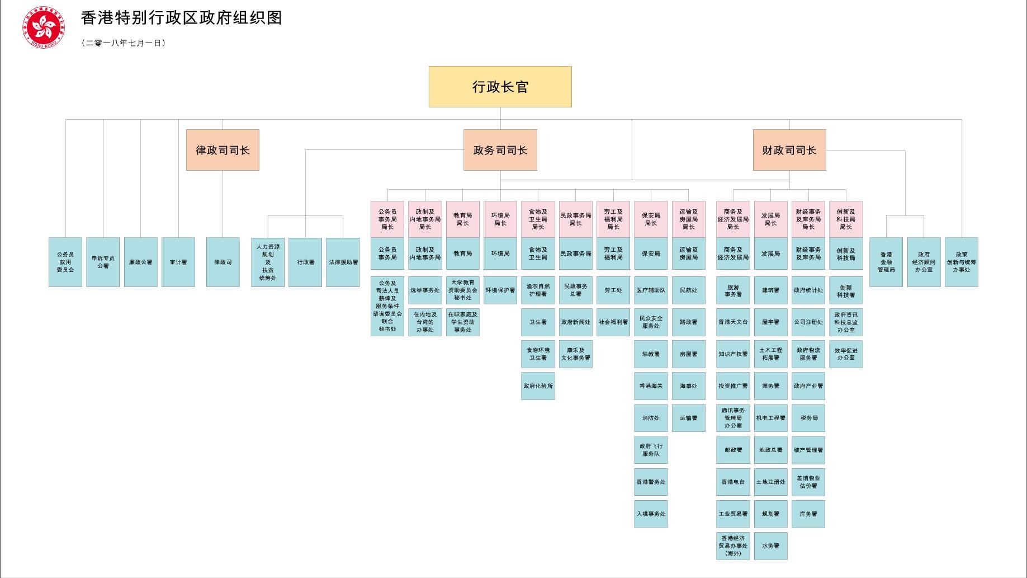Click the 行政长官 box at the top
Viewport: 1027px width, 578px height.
[x=500, y=87]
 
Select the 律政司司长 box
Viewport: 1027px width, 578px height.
[x=223, y=150]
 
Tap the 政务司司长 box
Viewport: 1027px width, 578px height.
[x=500, y=150]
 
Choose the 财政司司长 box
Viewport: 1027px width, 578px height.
[x=789, y=150]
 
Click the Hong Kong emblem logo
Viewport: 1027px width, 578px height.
[x=43, y=27]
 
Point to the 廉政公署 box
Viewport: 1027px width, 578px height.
[x=140, y=262]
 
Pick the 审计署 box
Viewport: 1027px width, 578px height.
[x=178, y=262]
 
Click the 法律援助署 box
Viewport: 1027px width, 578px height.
[x=343, y=262]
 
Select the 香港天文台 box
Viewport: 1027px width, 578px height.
[x=733, y=322]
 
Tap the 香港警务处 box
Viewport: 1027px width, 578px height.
[x=651, y=482]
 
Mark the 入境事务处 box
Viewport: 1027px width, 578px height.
[x=651, y=514]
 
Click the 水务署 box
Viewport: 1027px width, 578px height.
[x=770, y=546]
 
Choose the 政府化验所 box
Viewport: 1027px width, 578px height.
[x=538, y=386]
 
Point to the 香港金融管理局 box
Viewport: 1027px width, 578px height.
[x=886, y=262]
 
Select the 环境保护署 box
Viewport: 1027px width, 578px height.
[x=500, y=290]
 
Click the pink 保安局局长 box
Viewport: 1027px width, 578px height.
[x=651, y=219]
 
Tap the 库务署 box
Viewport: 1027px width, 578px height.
[x=808, y=514]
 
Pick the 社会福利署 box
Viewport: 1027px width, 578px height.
[x=613, y=322]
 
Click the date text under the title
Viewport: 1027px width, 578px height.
[x=124, y=43]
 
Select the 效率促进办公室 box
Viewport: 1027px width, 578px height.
[x=846, y=354]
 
